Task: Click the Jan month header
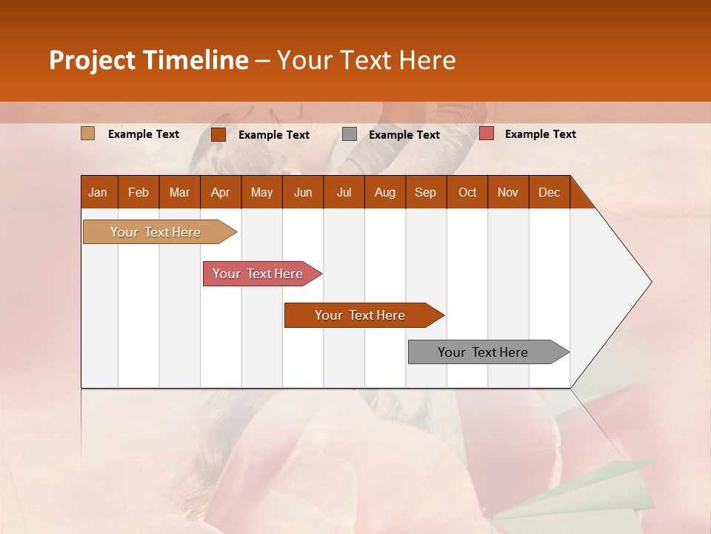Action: click(x=98, y=192)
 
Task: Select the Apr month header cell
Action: click(x=220, y=192)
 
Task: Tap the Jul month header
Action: click(x=344, y=192)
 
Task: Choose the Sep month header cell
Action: click(x=425, y=192)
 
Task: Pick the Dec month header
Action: click(x=549, y=192)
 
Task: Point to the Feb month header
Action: click(x=138, y=192)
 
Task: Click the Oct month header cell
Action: click(x=467, y=192)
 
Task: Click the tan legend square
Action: click(x=87, y=133)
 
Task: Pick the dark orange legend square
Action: click(x=218, y=134)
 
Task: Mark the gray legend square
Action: click(x=350, y=134)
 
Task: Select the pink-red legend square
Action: click(x=486, y=133)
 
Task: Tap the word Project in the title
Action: click(x=92, y=60)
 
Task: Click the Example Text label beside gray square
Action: click(x=404, y=135)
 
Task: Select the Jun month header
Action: click(x=303, y=192)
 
